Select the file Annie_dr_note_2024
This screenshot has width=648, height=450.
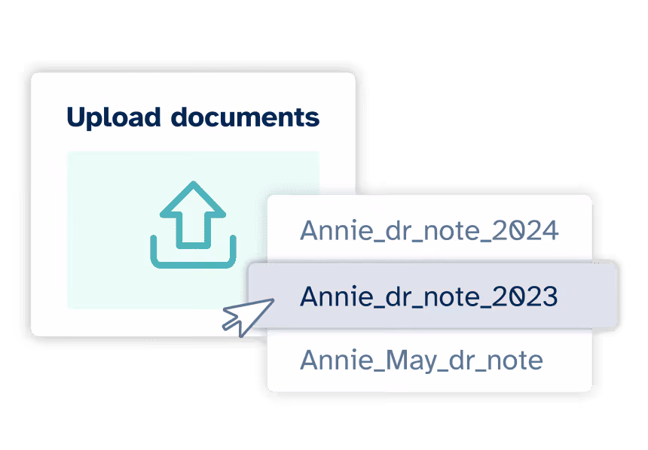click(429, 230)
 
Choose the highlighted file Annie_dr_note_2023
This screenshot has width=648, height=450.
click(429, 296)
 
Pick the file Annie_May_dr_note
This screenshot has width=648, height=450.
click(421, 360)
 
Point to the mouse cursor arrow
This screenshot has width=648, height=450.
click(245, 315)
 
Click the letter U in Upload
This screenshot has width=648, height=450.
click(76, 117)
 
